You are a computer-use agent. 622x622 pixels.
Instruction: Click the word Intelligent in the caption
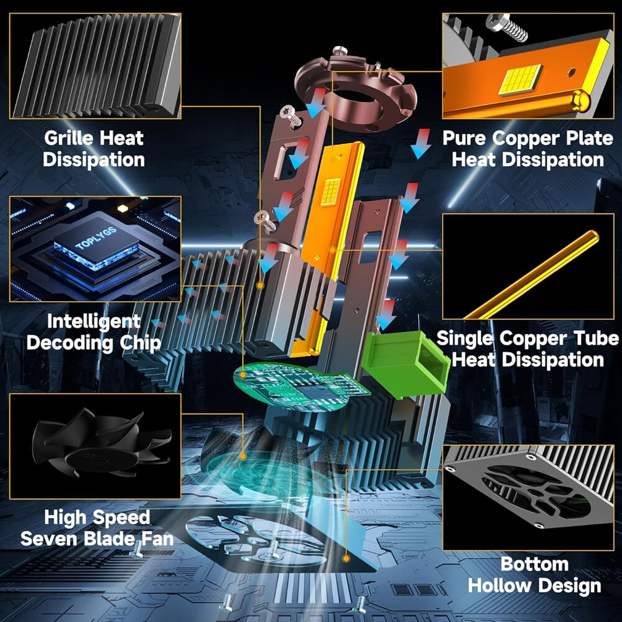[94, 322]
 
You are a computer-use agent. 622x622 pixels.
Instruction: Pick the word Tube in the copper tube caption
[595, 338]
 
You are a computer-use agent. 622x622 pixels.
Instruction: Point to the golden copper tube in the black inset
[531, 275]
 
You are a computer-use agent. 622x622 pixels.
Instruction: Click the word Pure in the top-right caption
[465, 138]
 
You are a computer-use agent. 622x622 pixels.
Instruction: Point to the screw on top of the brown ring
[340, 51]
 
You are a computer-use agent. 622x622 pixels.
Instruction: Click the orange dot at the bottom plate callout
[346, 559]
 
